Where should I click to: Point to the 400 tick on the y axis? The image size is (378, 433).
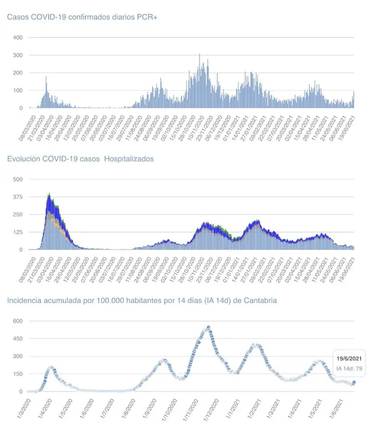[x=17, y=37]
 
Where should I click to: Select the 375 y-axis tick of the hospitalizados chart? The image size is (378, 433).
[x=17, y=197]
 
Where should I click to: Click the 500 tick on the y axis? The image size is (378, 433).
[x=17, y=179]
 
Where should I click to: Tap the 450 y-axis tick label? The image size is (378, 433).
[x=17, y=339]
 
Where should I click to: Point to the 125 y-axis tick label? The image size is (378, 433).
[x=17, y=232]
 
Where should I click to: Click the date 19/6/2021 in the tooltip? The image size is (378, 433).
[x=349, y=357]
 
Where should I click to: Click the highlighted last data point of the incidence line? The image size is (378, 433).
[x=354, y=382]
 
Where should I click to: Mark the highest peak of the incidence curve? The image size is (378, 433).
[x=209, y=328]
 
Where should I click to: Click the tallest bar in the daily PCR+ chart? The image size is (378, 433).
[x=200, y=55]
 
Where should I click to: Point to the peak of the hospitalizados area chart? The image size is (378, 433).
[x=49, y=194]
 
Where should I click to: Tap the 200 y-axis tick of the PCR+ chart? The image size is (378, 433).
[x=17, y=73]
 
